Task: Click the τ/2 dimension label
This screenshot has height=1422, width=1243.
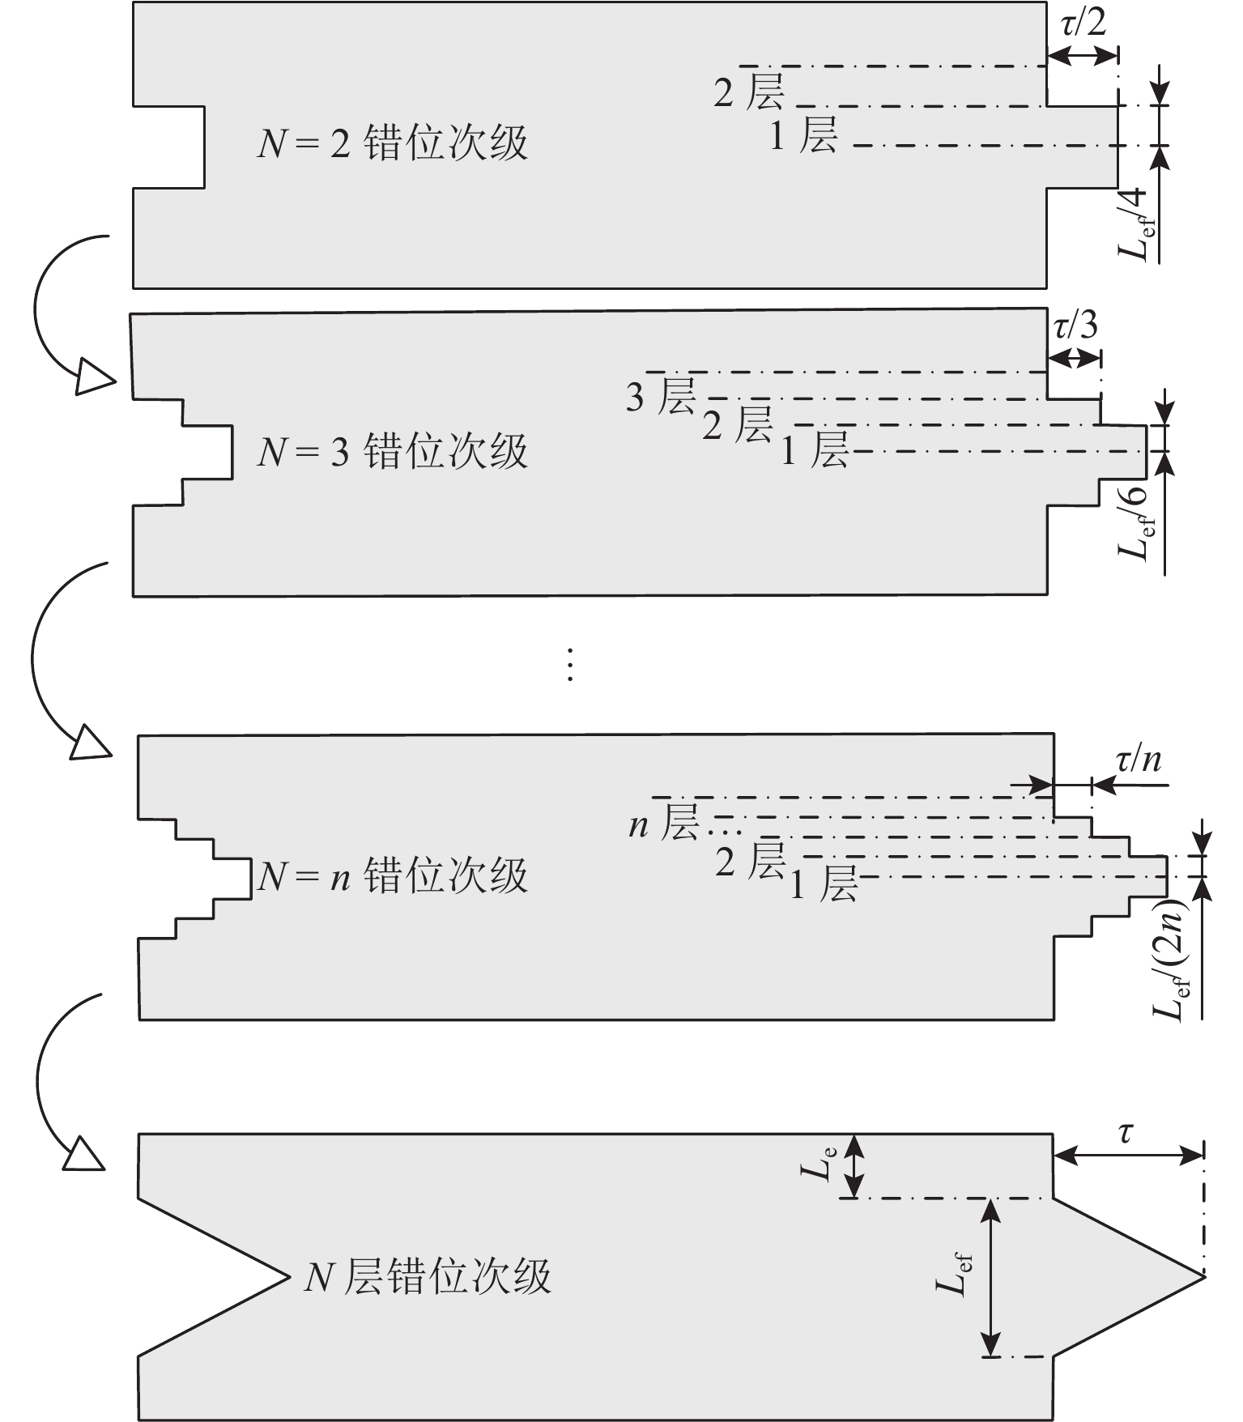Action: pos(1083,23)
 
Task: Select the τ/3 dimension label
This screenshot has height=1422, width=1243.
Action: pos(1075,326)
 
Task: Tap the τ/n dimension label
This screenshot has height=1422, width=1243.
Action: pos(1139,760)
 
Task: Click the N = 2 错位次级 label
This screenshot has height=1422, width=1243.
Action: pos(393,143)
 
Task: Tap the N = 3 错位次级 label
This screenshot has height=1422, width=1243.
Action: pos(393,450)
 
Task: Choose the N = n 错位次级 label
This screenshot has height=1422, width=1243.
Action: pos(393,876)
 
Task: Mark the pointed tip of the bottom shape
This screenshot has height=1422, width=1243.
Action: pos(1203,1276)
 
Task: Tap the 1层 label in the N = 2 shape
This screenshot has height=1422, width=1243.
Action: pos(803,135)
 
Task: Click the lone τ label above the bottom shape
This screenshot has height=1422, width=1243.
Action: pos(1126,1133)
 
